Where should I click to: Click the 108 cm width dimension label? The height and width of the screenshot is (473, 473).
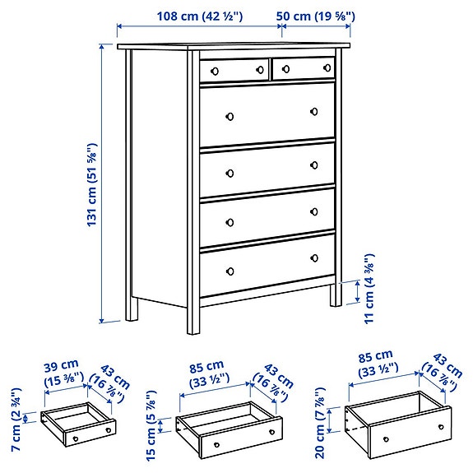[x=199, y=15]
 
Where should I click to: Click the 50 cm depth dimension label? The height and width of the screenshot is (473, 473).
[x=317, y=15]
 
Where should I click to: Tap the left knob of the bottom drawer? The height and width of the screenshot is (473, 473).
[x=230, y=270]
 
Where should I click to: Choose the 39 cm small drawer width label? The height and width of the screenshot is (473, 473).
[x=63, y=371]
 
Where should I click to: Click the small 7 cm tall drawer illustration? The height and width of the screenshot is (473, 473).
[x=77, y=424]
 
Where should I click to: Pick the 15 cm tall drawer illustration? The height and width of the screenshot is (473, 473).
[x=229, y=429]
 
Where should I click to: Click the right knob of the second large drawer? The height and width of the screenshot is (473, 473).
[x=313, y=165]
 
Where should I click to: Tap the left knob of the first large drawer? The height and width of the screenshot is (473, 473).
[x=230, y=115]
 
